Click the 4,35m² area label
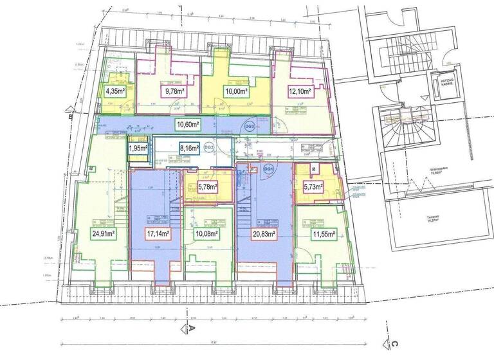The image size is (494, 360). click(114, 91)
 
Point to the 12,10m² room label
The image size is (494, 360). click(299, 91)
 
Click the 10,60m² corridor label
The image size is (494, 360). click(188, 123)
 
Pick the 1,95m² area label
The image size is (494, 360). click(137, 148)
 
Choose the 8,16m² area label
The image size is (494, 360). click(188, 148)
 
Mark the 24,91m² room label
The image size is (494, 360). click(102, 234)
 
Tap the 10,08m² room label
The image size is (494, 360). click(206, 234)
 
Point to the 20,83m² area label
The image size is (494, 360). click(263, 234)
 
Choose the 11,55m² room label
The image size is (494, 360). click(324, 234)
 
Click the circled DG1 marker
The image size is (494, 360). click(269, 169)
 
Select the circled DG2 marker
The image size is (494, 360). click(208, 148)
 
